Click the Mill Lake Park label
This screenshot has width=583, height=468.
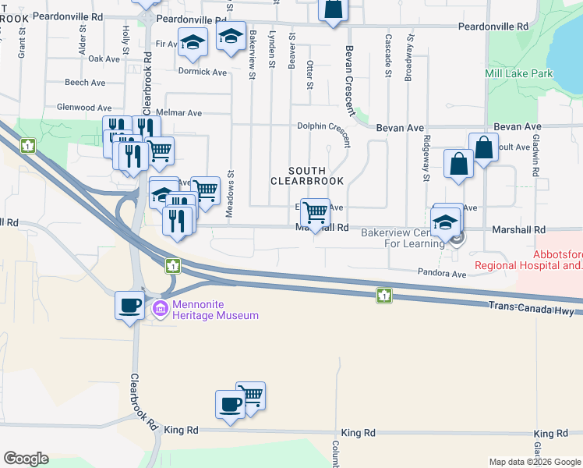(518, 74)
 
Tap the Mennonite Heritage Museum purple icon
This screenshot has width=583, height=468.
(161, 310)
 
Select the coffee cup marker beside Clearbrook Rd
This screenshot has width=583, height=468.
(129, 304)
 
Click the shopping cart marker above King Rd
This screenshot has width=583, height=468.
(250, 395)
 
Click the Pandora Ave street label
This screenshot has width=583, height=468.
(443, 275)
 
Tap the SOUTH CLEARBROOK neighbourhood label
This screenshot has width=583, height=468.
(306, 175)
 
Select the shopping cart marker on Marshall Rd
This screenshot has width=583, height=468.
(314, 212)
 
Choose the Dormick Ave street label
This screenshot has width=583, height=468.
(203, 73)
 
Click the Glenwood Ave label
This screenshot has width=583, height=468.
(84, 108)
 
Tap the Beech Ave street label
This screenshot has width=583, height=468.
(85, 83)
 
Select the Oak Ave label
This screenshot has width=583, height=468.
(104, 58)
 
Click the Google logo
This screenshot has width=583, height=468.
(26, 459)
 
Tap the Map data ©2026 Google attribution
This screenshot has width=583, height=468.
(535, 462)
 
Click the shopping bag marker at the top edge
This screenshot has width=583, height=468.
(333, 9)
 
